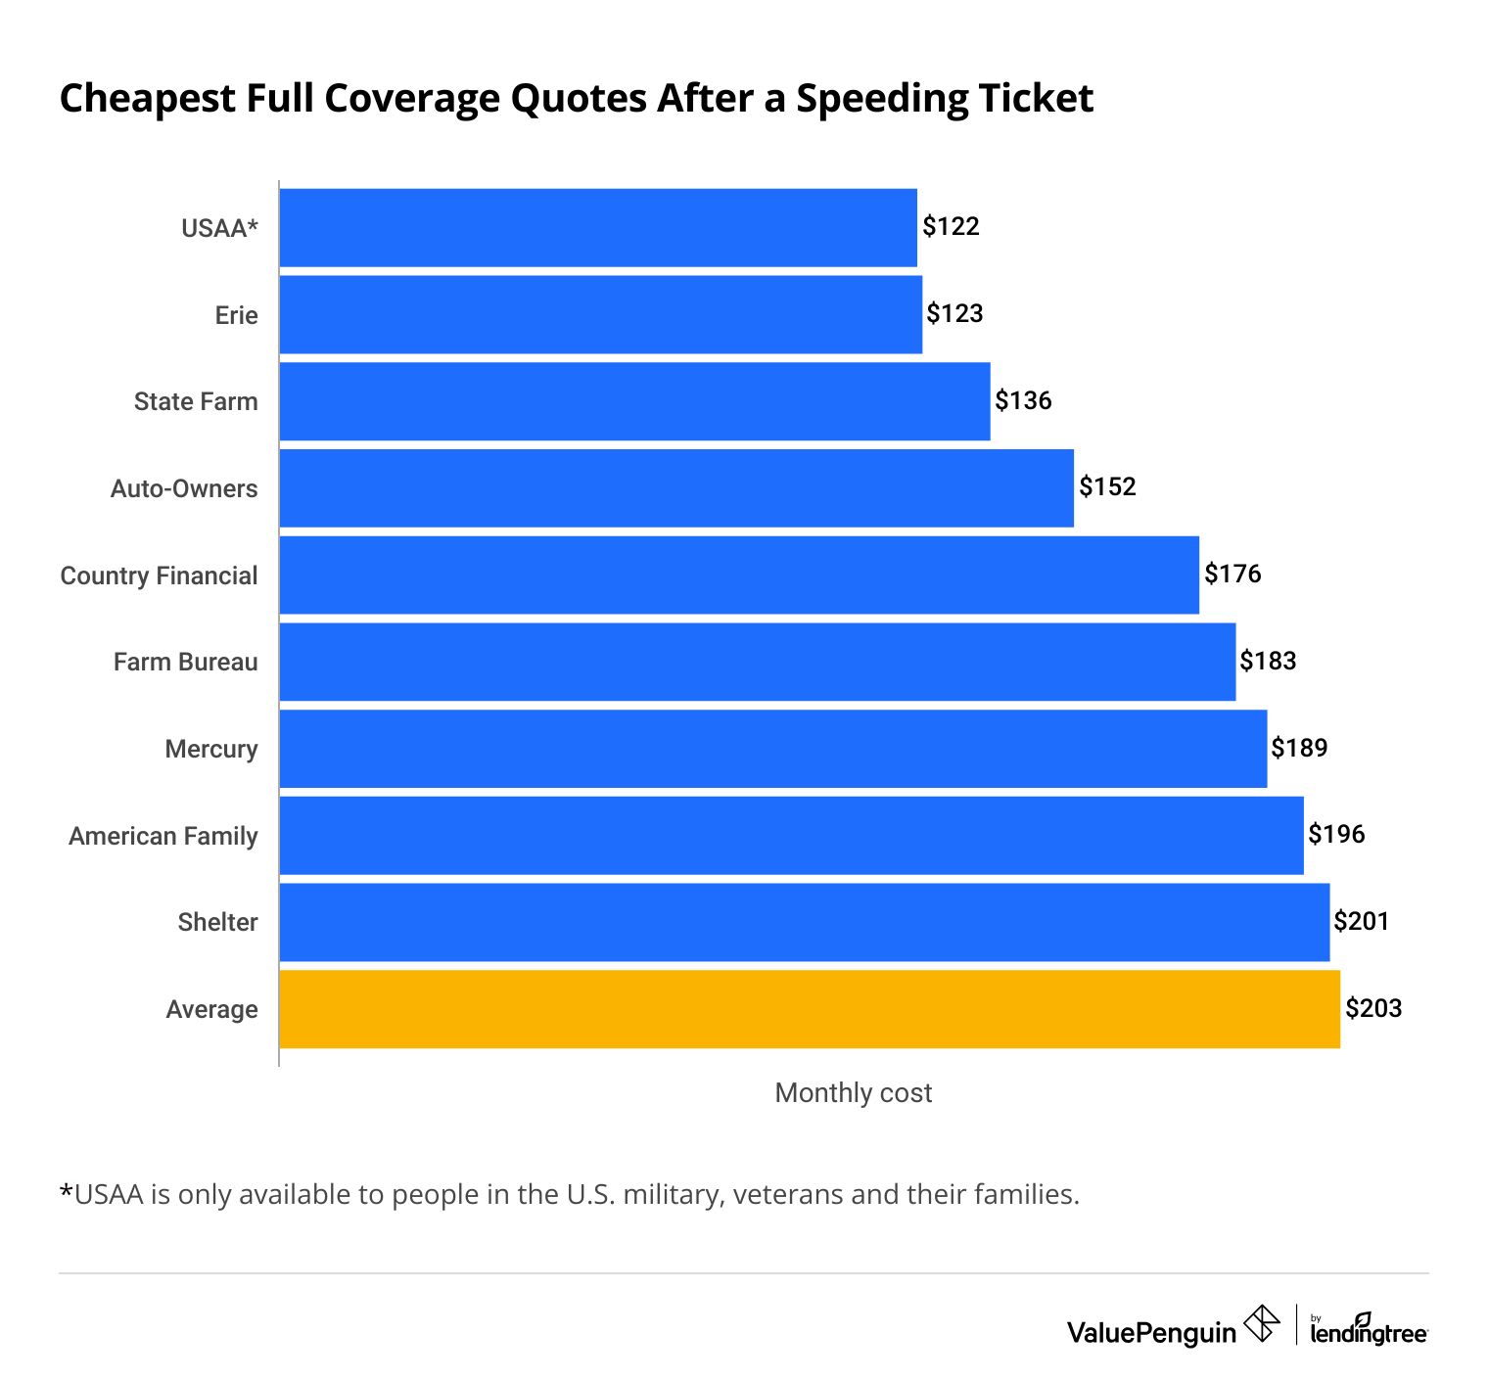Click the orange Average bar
[809, 1009]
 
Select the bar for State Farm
[634, 401]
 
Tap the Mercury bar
[772, 749]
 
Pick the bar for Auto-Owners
[675, 488]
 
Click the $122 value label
[951, 227]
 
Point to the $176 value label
[1232, 575]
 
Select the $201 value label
[1362, 922]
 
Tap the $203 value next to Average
[1373, 1009]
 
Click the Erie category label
[236, 315]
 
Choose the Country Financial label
[159, 575]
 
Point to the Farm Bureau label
[185, 663]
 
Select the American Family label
[163, 837]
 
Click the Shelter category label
[217, 923]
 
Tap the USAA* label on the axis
[219, 229]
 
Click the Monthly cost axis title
[853, 1093]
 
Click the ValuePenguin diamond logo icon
[1261, 1324]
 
